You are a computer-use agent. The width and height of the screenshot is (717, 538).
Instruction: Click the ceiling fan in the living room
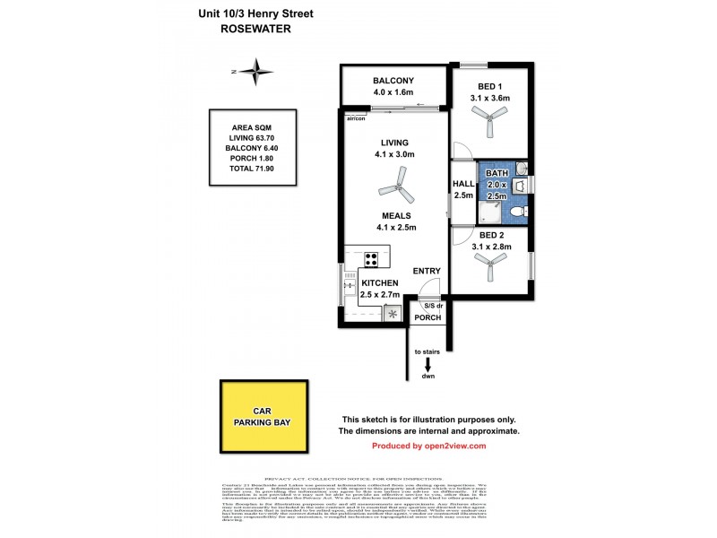(x=394, y=190)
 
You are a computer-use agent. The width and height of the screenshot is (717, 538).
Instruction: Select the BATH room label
(x=496, y=174)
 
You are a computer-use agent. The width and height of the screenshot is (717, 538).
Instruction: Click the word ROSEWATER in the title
(x=256, y=28)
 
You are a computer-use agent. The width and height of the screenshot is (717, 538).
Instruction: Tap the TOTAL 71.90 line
(x=253, y=168)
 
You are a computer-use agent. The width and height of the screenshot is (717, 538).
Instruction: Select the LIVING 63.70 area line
(x=253, y=138)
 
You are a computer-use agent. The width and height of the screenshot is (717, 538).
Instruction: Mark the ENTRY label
(x=427, y=271)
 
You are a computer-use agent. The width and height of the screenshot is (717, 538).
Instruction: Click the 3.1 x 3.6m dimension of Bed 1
(x=489, y=99)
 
